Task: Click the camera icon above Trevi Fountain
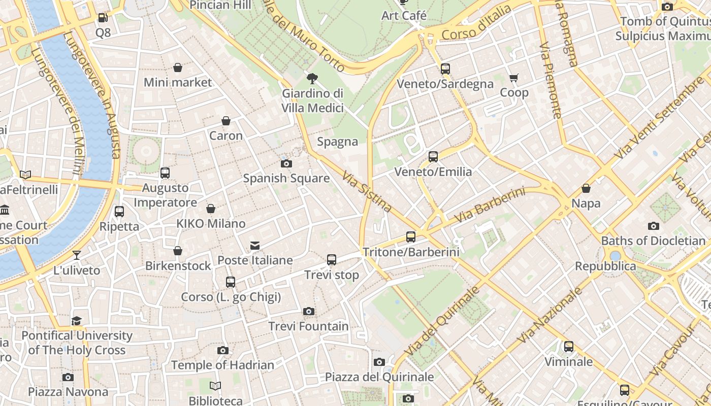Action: coord(308,311)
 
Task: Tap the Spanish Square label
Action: coord(286,178)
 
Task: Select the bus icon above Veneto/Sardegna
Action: coord(445,69)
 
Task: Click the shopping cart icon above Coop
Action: coord(514,78)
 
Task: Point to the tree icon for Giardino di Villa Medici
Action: coord(312,78)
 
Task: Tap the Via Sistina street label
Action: coord(367,192)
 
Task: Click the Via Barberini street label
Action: coord(490,205)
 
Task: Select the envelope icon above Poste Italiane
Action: coord(255,246)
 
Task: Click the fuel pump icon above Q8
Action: coord(103,18)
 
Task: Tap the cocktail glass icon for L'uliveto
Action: coord(77,255)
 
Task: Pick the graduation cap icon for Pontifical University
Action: coord(76,321)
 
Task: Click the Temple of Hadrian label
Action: coord(222,365)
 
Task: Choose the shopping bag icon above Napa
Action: coord(586,188)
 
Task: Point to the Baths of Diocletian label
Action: coord(653,241)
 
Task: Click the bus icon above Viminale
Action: coord(569,347)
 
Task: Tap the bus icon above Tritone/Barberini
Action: coord(411,236)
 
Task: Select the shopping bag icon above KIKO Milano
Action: coord(211,209)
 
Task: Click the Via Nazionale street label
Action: coord(551,315)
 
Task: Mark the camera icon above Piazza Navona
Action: coord(68,377)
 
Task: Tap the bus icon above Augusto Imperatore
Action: coord(165,173)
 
